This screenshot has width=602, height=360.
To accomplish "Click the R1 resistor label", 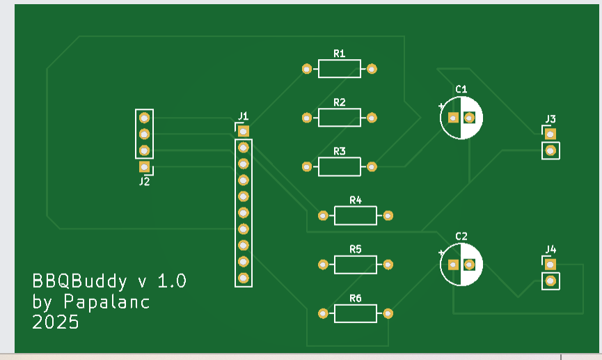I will [340, 54].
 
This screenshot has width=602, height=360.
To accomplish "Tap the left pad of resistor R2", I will [307, 118].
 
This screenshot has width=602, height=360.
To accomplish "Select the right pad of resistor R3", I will [372, 167].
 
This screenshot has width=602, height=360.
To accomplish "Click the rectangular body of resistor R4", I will [355, 216].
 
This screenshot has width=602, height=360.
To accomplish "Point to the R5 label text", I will [356, 249].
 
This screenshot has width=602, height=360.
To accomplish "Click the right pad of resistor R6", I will [388, 314].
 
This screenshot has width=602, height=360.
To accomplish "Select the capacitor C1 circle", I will [461, 118].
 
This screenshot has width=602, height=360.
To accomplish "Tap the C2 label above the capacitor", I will [461, 236].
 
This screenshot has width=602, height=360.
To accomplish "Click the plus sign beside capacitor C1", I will [441, 106].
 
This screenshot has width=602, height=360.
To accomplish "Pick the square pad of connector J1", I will [243, 131].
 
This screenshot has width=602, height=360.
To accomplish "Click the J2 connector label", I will [144, 182].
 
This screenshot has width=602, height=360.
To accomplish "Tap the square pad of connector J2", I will [144, 166].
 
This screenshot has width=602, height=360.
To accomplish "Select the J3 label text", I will [550, 118].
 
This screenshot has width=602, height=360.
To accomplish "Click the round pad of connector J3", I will [550, 150].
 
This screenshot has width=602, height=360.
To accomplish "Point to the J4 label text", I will [550, 249].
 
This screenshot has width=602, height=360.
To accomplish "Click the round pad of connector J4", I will [550, 281].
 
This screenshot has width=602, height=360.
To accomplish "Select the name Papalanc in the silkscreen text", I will [106, 302].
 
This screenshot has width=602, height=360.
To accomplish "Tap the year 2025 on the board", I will [56, 322].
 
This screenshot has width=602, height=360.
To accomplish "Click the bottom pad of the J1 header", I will [243, 278].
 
